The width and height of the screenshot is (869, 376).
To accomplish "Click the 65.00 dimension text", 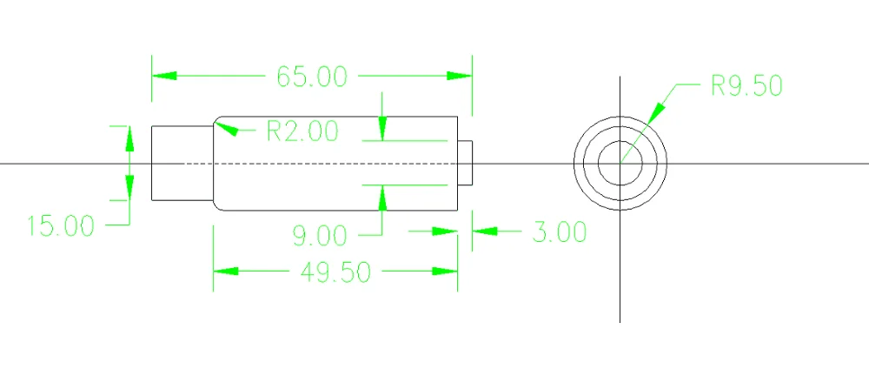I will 311,77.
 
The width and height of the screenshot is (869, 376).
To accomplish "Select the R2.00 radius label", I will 302,131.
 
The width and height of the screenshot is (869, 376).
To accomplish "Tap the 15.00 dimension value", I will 60,226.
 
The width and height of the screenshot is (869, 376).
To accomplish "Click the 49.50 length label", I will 335,272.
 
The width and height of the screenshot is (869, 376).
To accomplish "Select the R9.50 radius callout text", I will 746,85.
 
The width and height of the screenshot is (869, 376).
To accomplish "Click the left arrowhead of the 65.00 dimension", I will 163,76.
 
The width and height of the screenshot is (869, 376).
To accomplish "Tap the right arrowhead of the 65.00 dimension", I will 460,76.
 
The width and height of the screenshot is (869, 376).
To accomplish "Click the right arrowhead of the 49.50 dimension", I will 447,272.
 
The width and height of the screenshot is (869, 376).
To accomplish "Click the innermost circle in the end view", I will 620,163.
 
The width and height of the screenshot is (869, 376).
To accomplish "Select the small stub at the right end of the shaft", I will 466,163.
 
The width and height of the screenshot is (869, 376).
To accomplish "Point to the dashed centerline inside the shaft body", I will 330,163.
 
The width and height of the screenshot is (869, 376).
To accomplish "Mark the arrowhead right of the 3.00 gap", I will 483,232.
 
